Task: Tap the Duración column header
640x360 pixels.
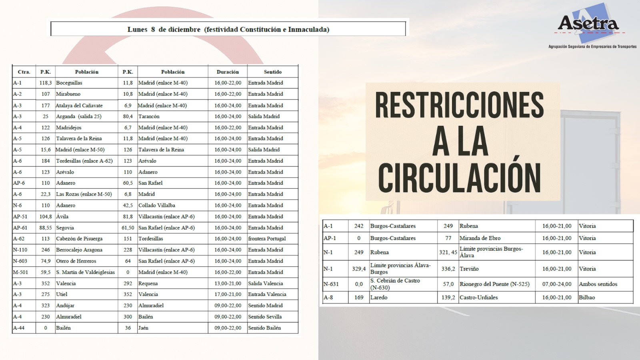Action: pos(228,72)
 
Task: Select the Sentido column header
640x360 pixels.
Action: pos(272,72)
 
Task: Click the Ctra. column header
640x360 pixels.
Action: pos(24,72)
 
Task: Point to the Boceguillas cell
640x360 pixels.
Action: pos(69,83)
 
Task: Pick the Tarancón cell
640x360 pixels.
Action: pos(149,116)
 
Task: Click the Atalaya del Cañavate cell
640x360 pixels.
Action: pos(79,106)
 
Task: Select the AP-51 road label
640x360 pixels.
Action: pos(20,216)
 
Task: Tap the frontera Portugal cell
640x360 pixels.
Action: pos(267,239)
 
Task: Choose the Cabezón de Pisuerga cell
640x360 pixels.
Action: pos(79,239)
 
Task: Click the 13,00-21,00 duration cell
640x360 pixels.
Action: pos(228,284)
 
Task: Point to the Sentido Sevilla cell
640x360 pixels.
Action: pos(265,317)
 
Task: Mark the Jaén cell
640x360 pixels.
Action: pos(143,328)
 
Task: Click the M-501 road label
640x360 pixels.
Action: pos(20,272)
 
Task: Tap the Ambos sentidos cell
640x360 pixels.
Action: pos(598,284)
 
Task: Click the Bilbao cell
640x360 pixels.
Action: pos(587,298)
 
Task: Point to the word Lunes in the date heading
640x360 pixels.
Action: pos(137,30)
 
